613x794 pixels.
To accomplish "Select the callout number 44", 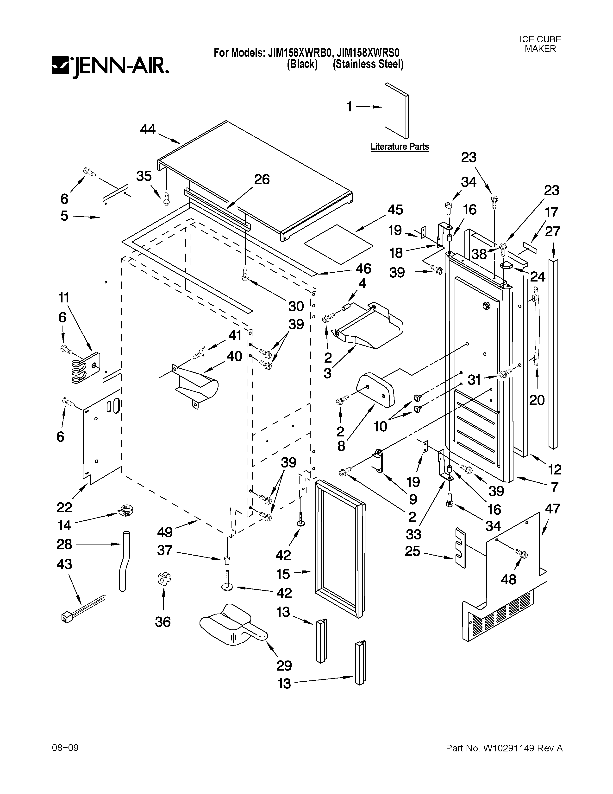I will pyautogui.click(x=148, y=129).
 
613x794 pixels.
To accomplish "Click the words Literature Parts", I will pyautogui.click(x=400, y=147).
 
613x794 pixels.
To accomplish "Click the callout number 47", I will pyautogui.click(x=552, y=509).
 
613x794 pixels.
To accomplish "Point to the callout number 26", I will pyautogui.click(x=262, y=179).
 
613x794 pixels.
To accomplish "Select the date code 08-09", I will pyautogui.click(x=65, y=748).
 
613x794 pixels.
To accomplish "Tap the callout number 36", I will pyautogui.click(x=163, y=622).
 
